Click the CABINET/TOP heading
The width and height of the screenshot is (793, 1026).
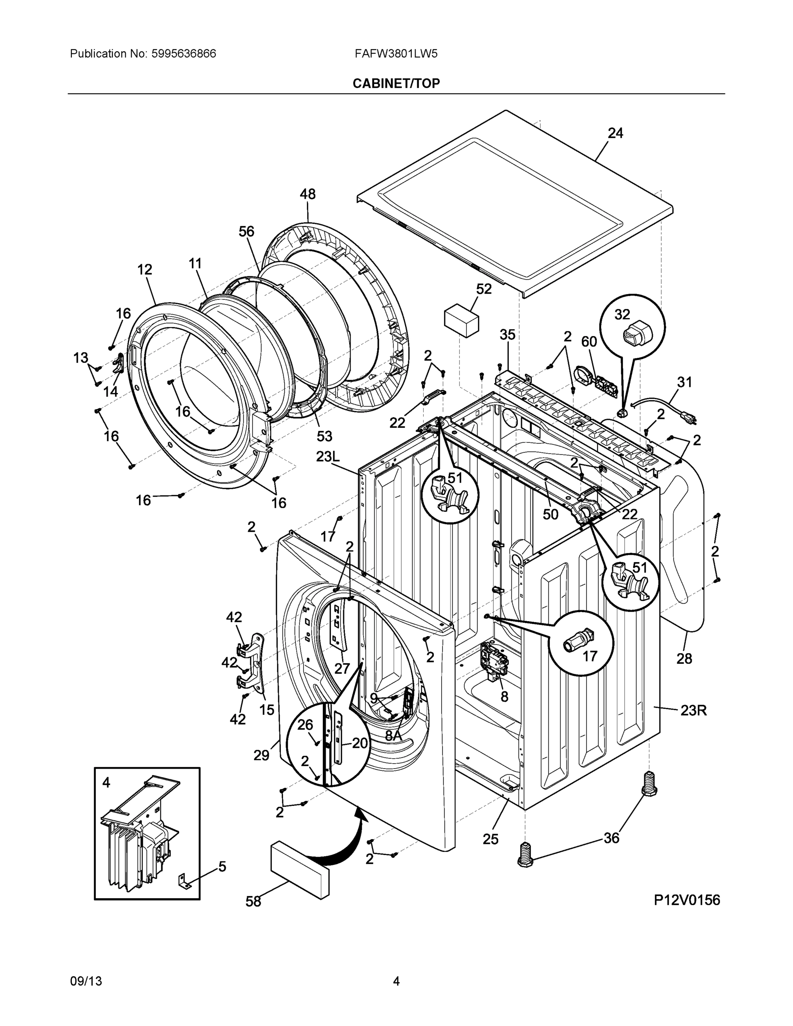(x=396, y=83)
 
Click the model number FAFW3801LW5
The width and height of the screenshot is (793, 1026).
(x=396, y=53)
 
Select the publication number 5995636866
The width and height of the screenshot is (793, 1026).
(x=184, y=53)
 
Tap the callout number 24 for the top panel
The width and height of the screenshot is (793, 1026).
(x=615, y=133)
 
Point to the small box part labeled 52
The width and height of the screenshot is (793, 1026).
(x=461, y=320)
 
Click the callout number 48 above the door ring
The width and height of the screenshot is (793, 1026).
(x=308, y=194)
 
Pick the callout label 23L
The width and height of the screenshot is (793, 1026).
(x=327, y=456)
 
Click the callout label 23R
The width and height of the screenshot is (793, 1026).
(x=693, y=711)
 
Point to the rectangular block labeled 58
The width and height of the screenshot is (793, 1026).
(x=299, y=870)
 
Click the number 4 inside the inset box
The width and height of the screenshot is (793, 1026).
(x=106, y=783)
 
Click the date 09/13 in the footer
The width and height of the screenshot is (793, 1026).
(x=86, y=982)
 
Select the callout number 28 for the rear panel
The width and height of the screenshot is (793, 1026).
(x=684, y=659)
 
